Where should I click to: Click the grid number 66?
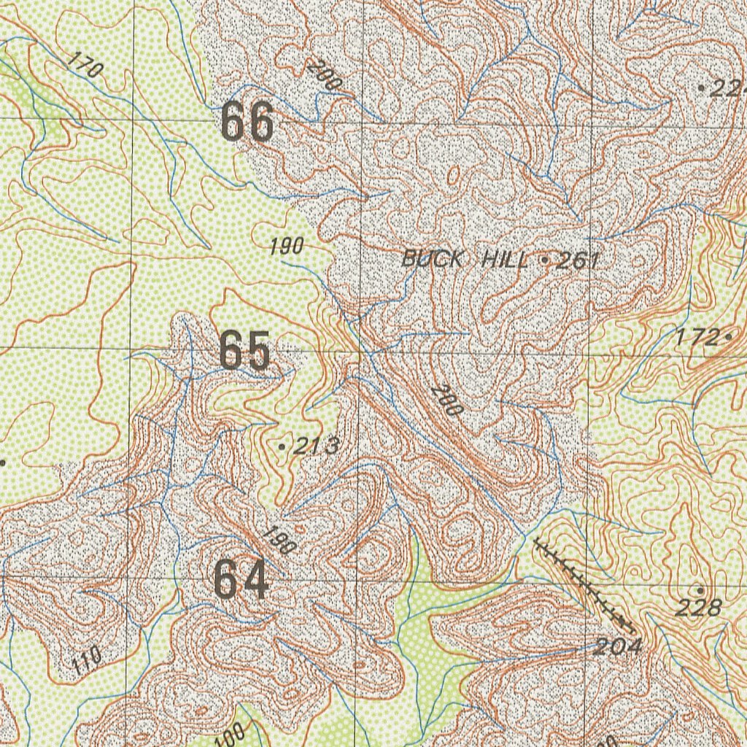point(247,122)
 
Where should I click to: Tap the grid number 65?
point(245,351)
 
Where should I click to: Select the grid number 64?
point(241,579)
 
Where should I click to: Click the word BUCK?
point(433,258)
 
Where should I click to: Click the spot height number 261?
point(576,260)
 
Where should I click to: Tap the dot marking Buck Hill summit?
point(545,260)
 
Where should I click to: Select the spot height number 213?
point(316,446)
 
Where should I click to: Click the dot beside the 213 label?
point(282,445)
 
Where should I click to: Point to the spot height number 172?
point(697,337)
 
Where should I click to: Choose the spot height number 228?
point(698,607)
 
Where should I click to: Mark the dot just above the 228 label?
point(700,589)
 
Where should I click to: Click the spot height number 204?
point(617,646)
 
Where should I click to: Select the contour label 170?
point(85,66)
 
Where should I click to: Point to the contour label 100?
point(233,732)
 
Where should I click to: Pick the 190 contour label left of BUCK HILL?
point(286,247)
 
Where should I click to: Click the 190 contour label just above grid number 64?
point(276,541)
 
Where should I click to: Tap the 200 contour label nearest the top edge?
point(324,75)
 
